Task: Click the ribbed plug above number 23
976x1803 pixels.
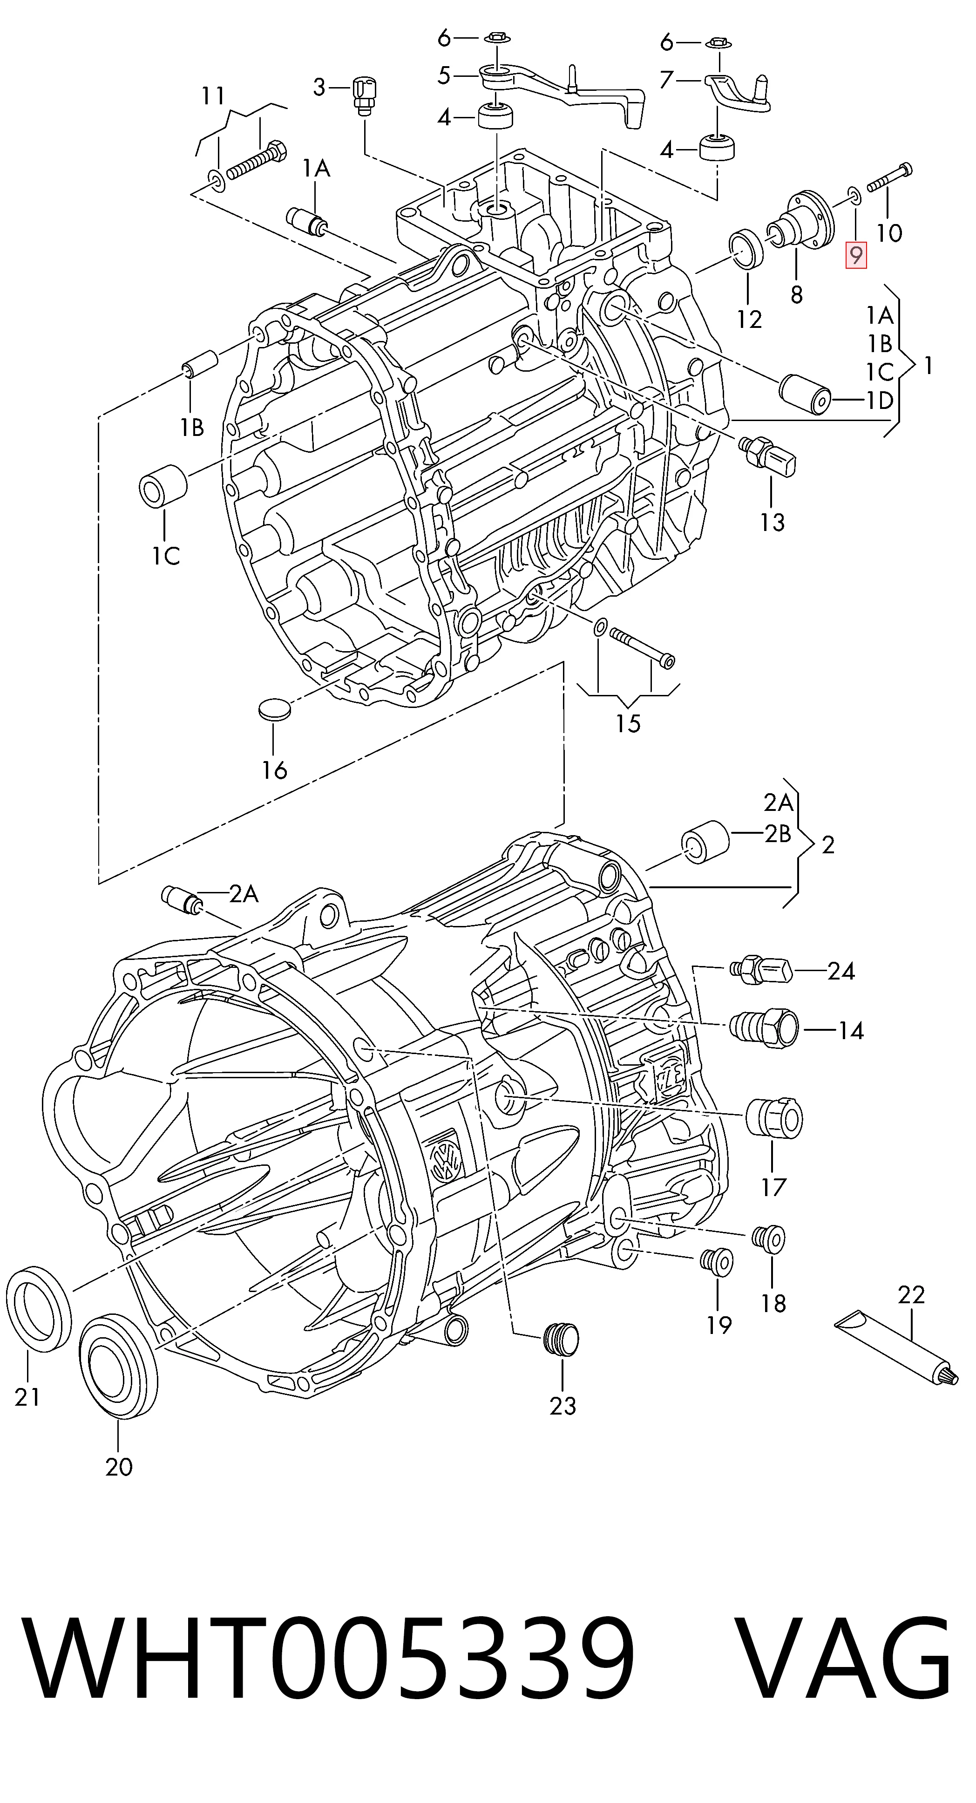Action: point(561,1340)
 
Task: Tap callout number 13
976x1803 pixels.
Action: point(773,522)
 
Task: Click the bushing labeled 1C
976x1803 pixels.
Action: point(164,483)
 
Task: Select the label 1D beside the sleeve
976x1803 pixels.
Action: point(880,401)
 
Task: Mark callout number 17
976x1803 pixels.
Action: point(774,1187)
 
